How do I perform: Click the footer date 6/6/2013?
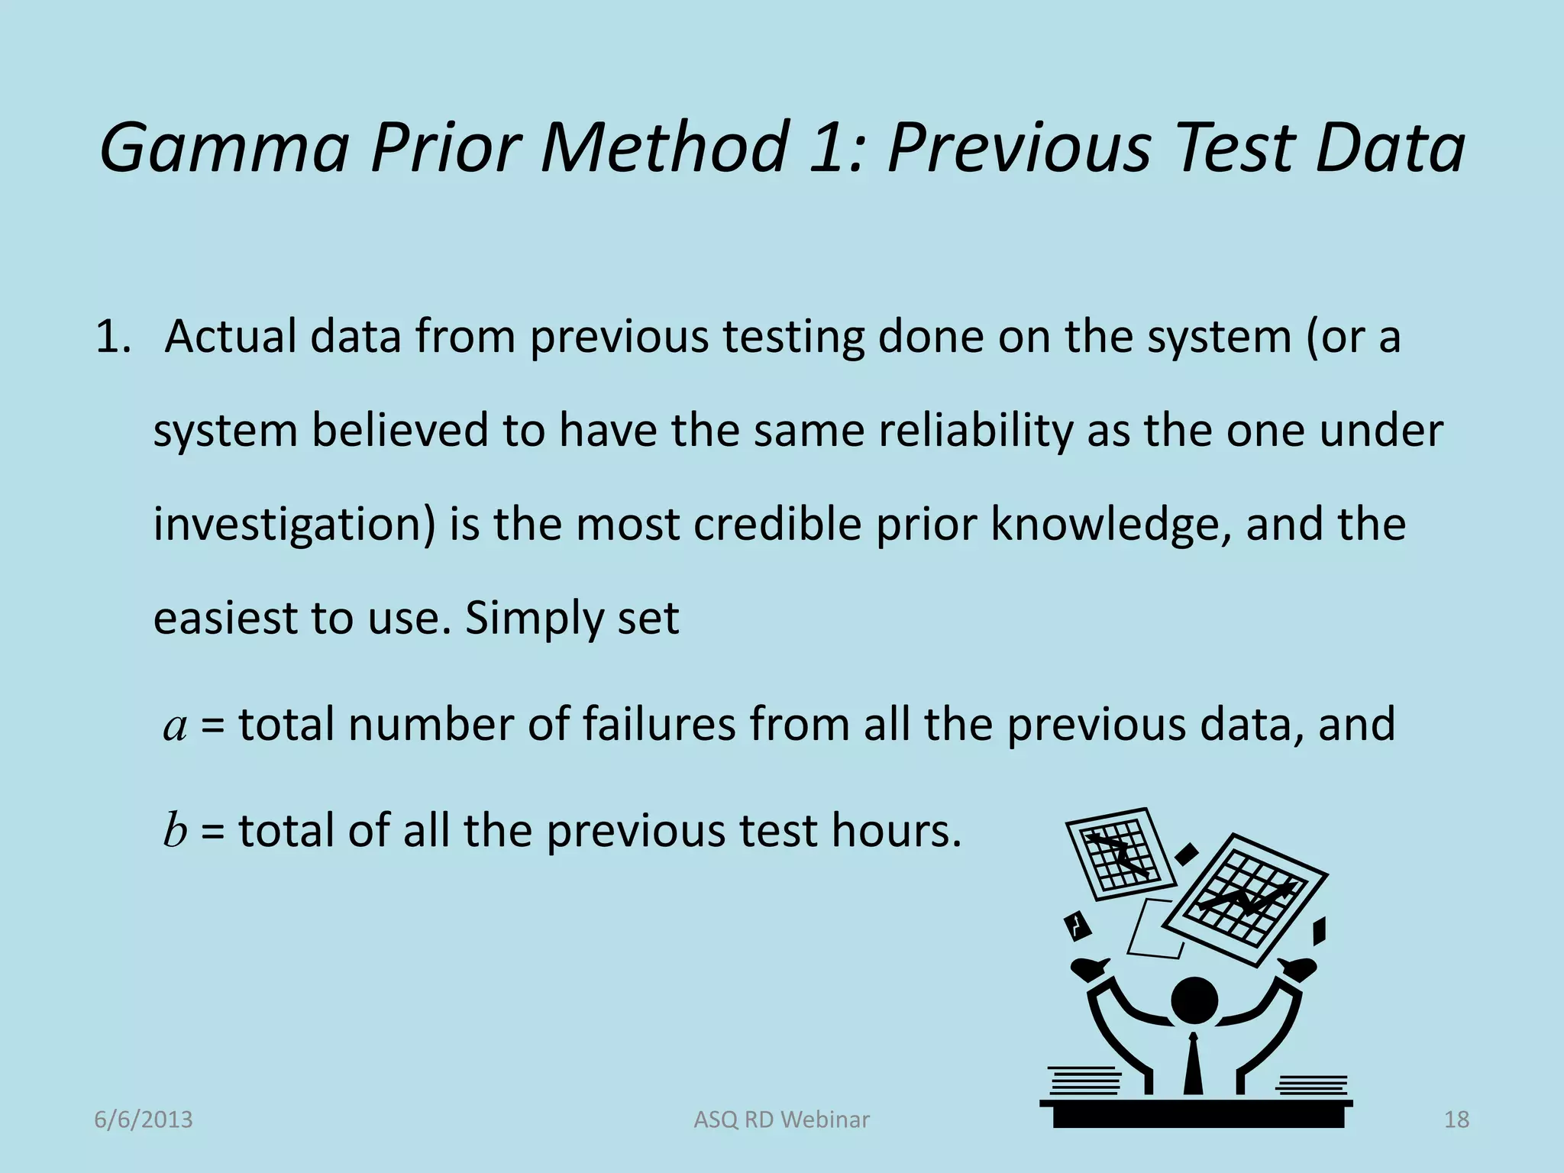tap(144, 1120)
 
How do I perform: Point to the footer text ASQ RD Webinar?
tap(781, 1120)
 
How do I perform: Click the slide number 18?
tap(1456, 1120)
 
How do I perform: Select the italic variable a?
tap(176, 725)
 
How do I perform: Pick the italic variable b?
tap(175, 830)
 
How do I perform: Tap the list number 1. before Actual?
tap(114, 337)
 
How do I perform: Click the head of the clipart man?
tap(1194, 1000)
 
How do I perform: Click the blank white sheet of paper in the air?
tap(1155, 929)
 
